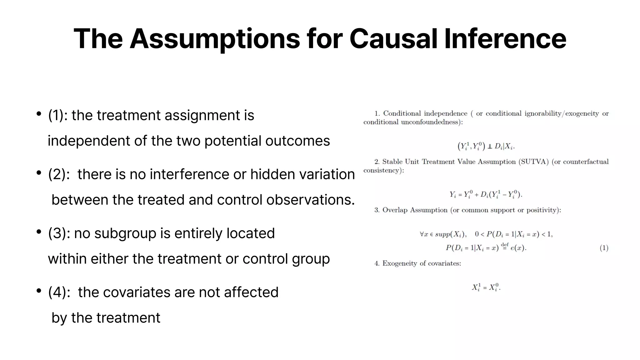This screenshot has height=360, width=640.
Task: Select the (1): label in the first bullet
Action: pyautogui.click(x=58, y=115)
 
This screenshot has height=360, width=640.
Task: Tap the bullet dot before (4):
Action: pyautogui.click(x=39, y=291)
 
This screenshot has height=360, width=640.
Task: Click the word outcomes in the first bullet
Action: pyautogui.click(x=297, y=141)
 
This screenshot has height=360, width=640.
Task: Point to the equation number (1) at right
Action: pyautogui.click(x=604, y=248)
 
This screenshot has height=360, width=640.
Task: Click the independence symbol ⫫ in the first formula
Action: pyautogui.click(x=489, y=147)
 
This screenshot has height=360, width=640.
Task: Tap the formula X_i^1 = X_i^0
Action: pyautogui.click(x=486, y=287)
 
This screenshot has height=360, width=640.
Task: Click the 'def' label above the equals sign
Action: pyautogui.click(x=505, y=244)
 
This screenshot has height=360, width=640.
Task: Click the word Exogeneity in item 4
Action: pyautogui.click(x=400, y=263)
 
